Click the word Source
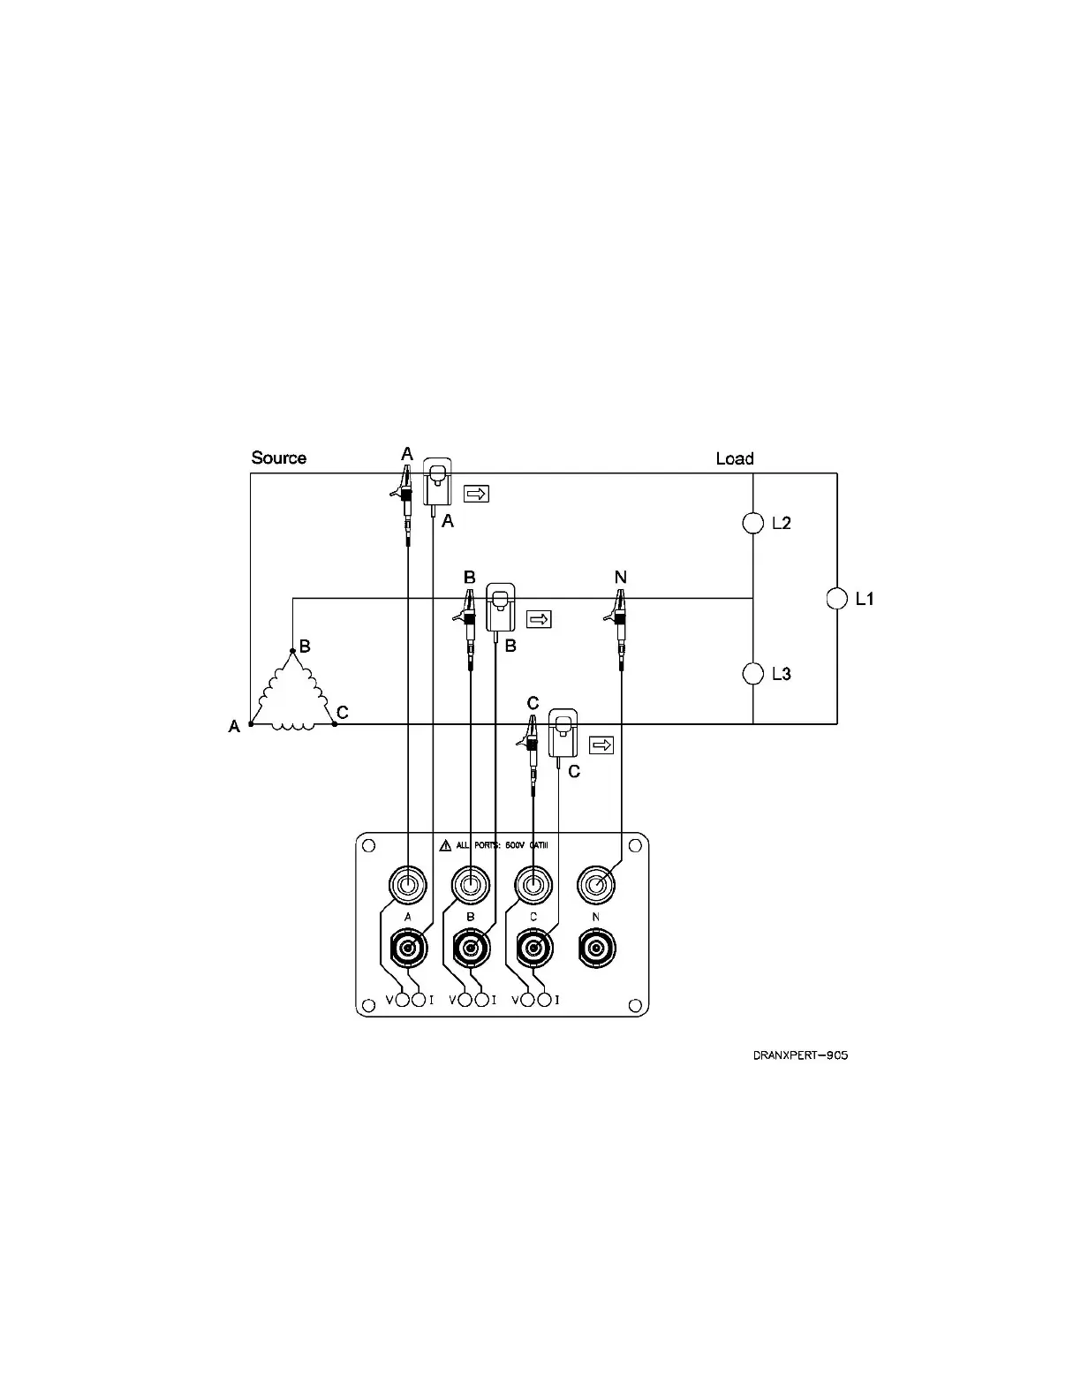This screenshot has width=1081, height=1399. tap(278, 458)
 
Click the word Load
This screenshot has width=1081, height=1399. tap(734, 458)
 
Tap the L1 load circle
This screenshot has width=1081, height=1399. tap(836, 599)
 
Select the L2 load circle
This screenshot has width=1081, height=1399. tap(752, 523)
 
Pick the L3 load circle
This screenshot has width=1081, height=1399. tap(752, 674)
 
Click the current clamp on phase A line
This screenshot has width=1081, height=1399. tap(437, 481)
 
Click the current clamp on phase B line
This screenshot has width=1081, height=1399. tap(501, 607)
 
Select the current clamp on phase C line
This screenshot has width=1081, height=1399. tap(563, 732)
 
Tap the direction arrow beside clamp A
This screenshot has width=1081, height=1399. tap(476, 494)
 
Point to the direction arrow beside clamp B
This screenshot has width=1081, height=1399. tap(539, 619)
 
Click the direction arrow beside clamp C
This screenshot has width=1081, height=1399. tap(601, 745)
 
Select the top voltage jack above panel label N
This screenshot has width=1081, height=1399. tap(595, 883)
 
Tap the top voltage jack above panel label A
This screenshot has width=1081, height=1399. tap(407, 883)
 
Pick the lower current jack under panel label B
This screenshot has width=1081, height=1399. tap(470, 949)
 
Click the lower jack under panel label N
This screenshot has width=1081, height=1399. tap(595, 949)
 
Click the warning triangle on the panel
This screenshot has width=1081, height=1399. tap(445, 845)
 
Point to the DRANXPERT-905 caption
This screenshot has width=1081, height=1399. tap(800, 1055)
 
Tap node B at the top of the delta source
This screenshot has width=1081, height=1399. tap(292, 651)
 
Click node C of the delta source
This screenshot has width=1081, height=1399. tap(334, 724)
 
